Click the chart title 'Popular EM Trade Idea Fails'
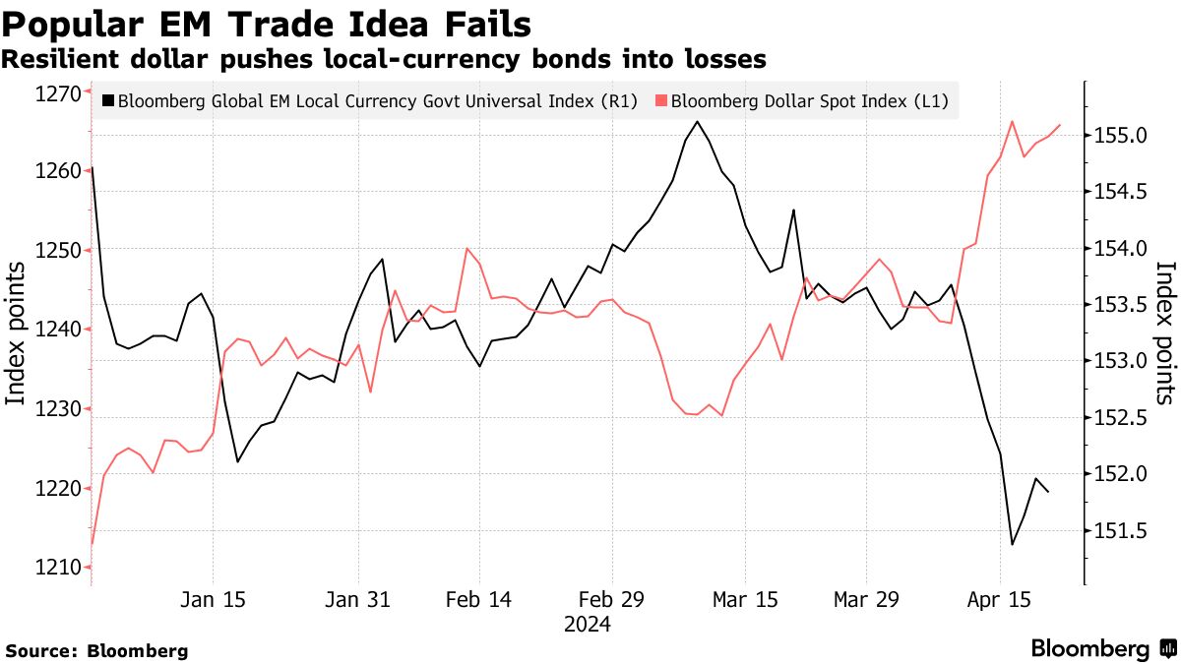tap(267, 24)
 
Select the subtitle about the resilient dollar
tap(384, 60)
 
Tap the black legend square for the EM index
tap(107, 100)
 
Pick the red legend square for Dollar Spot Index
tap(661, 100)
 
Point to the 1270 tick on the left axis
tap(57, 94)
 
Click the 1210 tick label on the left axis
tap(57, 568)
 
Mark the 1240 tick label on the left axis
tap(57, 331)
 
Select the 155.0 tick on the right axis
tap(1118, 136)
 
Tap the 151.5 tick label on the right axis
tap(1118, 532)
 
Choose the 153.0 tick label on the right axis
tap(1118, 362)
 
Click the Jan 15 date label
tap(214, 599)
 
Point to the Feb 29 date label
tap(612, 599)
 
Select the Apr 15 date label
tap(1000, 599)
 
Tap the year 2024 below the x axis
tap(587, 625)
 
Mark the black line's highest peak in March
tap(697, 122)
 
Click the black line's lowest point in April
tap(1012, 545)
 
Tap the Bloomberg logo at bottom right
tap(1102, 649)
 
